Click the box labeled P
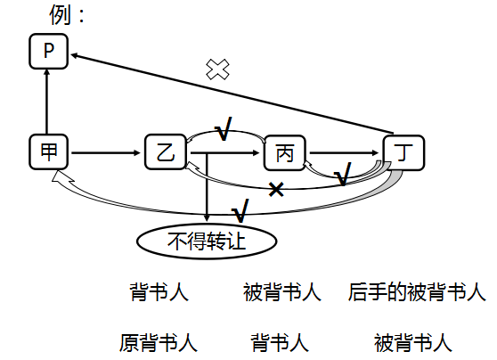[49, 53]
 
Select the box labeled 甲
[48, 152]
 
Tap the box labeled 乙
[164, 152]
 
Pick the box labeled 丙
[284, 153]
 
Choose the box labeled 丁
[404, 152]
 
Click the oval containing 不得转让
[207, 240]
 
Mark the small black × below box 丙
[276, 188]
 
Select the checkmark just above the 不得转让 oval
[240, 212]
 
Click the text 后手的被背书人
[417, 292]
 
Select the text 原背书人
[159, 342]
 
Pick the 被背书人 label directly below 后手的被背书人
[413, 342]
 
